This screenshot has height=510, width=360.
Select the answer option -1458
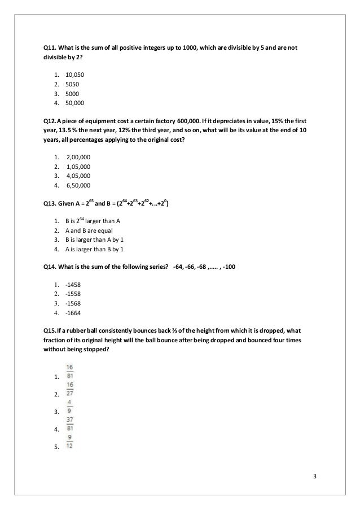point(74,285)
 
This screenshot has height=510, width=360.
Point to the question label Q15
point(51,330)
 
